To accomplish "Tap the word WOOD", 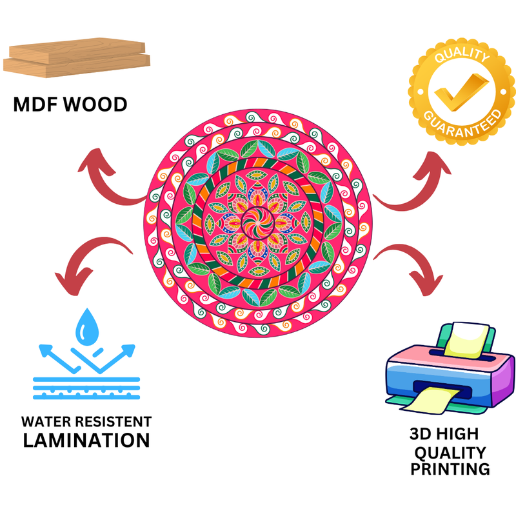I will tap(96, 104).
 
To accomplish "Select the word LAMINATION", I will tap(86, 441).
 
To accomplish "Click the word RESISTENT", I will tap(114, 422).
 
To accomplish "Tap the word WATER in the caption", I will tap(47, 422).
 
